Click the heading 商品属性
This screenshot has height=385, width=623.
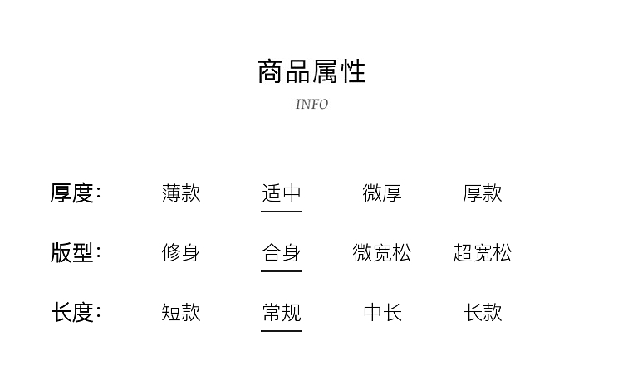click(311, 71)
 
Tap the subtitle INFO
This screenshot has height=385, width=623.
click(311, 105)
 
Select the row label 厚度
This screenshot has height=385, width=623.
click(75, 193)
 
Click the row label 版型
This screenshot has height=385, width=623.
click(75, 252)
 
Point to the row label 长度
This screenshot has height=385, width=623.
click(75, 313)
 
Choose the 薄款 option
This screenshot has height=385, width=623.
click(181, 193)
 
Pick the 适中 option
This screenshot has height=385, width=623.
click(282, 193)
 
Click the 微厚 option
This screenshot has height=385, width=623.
click(382, 193)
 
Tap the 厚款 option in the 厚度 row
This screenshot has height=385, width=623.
click(483, 193)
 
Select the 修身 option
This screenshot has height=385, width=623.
click(181, 252)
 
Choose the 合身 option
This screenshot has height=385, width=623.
click(282, 252)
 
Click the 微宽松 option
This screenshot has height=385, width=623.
click(382, 252)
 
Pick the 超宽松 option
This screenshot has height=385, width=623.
click(483, 252)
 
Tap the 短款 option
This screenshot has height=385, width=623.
click(181, 313)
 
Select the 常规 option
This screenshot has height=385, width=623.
click(282, 313)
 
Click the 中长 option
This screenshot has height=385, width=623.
click(382, 313)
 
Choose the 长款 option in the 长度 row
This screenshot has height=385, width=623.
click(483, 313)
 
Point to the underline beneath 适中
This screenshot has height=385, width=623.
click(282, 212)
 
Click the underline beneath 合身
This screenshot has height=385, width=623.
click(282, 271)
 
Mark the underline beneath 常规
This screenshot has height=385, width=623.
click(282, 331)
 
